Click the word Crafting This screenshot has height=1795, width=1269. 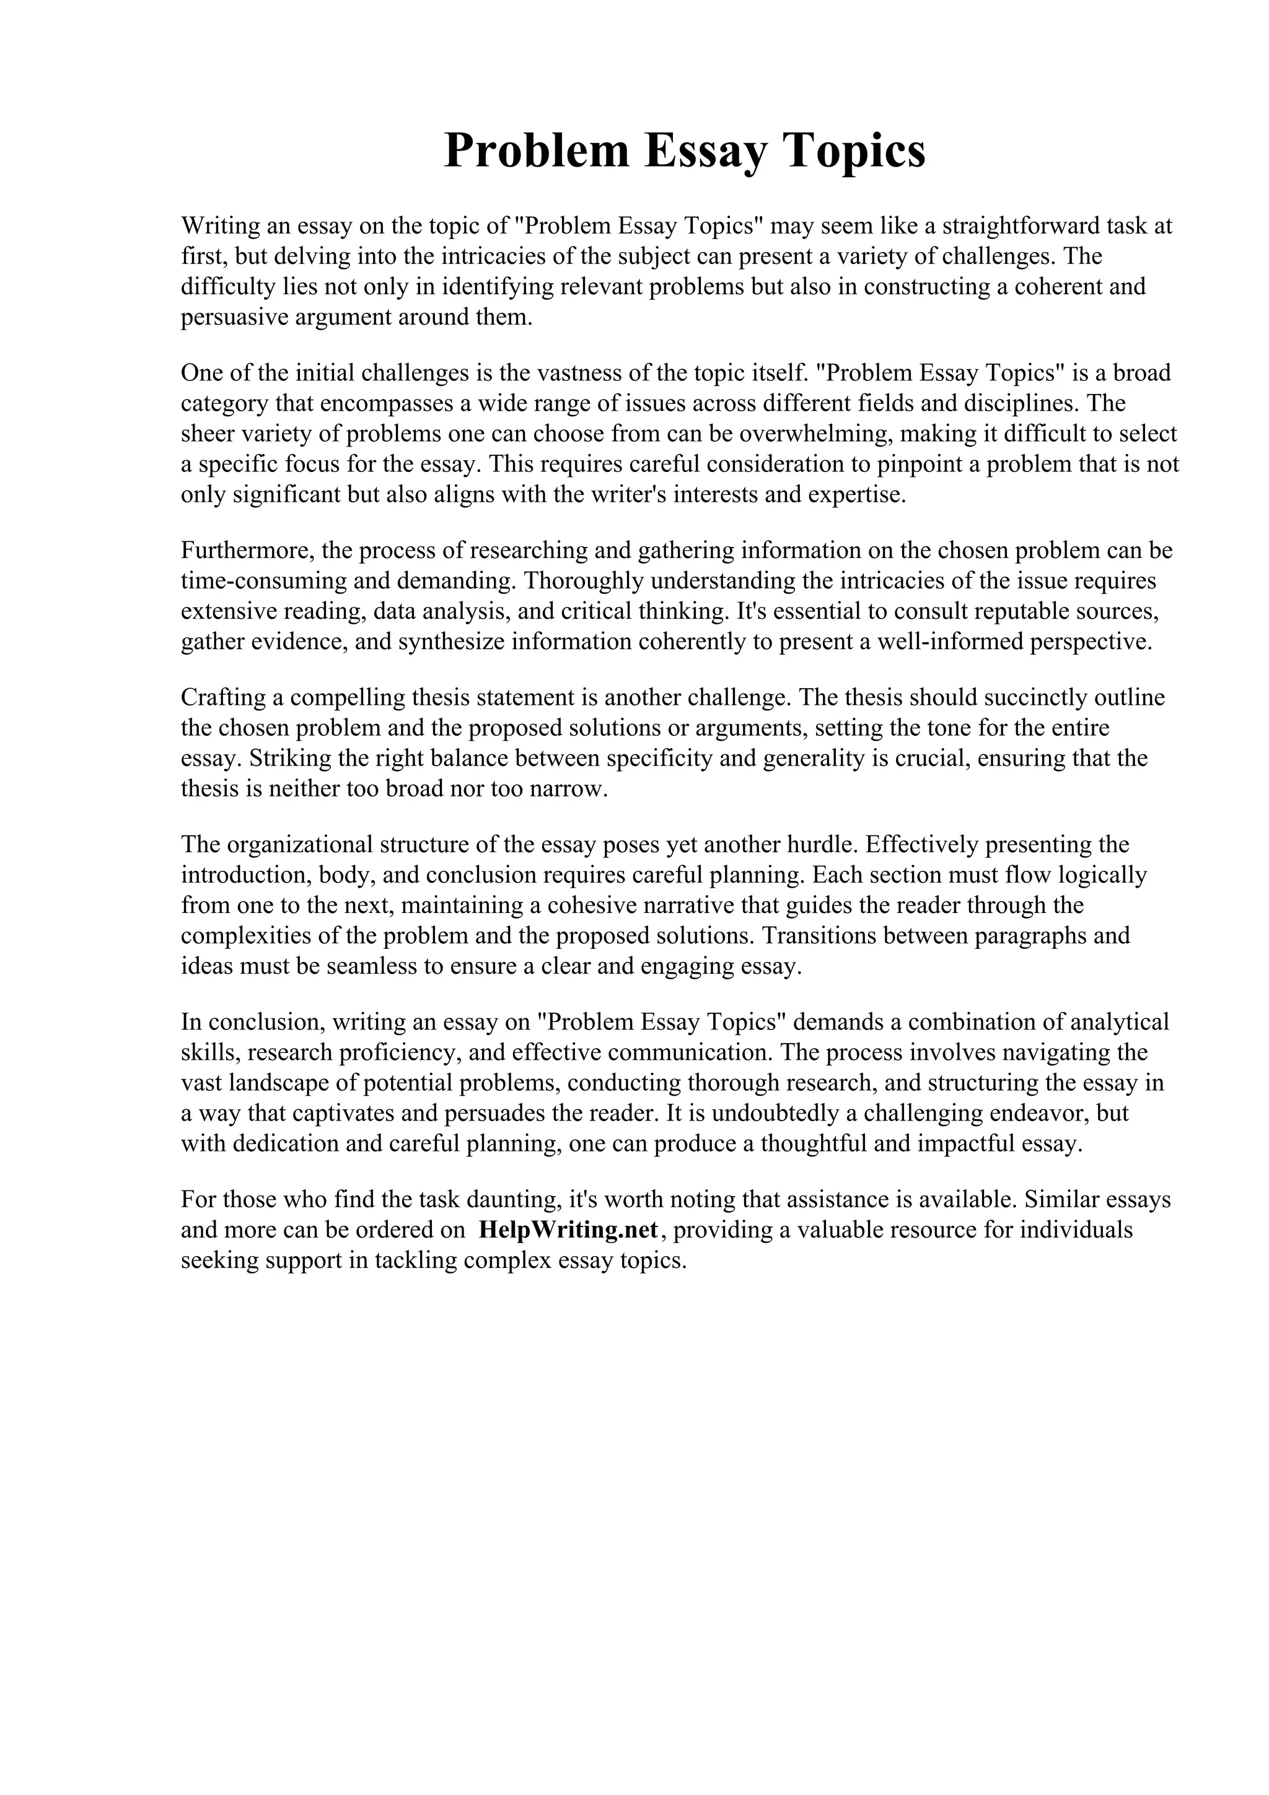click(x=224, y=697)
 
